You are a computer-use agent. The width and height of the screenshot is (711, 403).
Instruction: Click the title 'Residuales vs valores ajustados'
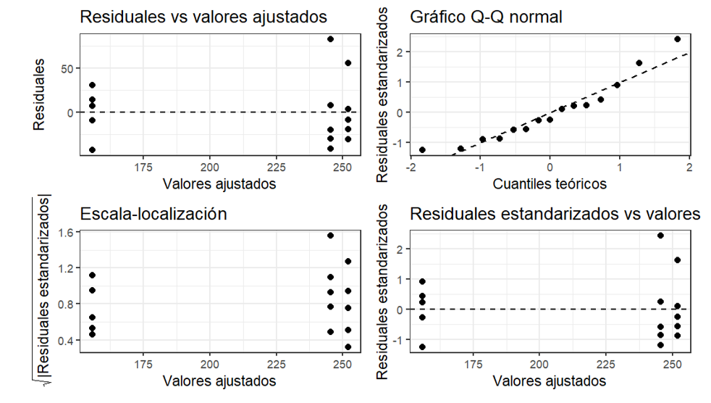[x=203, y=17]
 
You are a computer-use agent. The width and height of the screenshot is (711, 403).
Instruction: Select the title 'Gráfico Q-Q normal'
[x=486, y=17]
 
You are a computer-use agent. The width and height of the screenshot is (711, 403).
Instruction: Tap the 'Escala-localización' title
[x=153, y=214]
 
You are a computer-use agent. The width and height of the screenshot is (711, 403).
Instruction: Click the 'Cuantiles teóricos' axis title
[x=550, y=184]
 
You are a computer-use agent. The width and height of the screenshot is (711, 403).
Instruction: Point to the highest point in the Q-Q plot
[x=678, y=39]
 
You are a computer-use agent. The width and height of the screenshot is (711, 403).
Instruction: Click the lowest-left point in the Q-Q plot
[x=422, y=150]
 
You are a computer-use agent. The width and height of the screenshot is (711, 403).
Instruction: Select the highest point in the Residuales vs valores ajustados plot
[x=331, y=39]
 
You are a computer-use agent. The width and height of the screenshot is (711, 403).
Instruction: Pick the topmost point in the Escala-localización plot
[x=331, y=236]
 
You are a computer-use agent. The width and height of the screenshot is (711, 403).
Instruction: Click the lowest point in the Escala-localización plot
[x=348, y=347]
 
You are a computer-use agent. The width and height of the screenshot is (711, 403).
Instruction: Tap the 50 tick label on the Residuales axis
[x=67, y=69]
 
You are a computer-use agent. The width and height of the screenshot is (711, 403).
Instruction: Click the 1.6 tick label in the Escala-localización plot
[x=65, y=233]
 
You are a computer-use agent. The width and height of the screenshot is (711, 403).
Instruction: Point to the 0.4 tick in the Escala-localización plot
[x=65, y=341]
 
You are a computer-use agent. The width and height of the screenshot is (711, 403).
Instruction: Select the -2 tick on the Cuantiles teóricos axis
[x=410, y=167]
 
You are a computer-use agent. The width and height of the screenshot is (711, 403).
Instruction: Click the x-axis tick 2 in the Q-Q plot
[x=689, y=167]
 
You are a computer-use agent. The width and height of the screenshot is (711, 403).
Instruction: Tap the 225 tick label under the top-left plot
[x=276, y=167]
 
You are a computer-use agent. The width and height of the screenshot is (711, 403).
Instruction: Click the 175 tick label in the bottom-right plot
[x=473, y=365]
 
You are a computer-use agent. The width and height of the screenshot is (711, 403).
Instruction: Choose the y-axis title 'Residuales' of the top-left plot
[x=39, y=94]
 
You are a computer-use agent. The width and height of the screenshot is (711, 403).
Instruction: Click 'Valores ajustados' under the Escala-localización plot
[x=219, y=381]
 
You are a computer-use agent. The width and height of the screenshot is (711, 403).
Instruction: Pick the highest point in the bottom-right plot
[x=660, y=236]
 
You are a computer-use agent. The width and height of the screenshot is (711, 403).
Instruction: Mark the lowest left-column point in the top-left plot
[x=92, y=150]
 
